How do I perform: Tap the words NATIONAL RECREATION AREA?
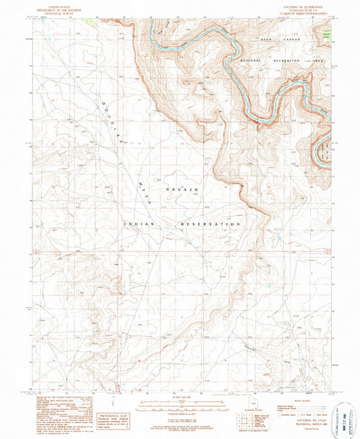tap(283, 61)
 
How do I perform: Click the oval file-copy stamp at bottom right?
tap(344, 416)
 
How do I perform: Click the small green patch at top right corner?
tap(326, 33)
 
